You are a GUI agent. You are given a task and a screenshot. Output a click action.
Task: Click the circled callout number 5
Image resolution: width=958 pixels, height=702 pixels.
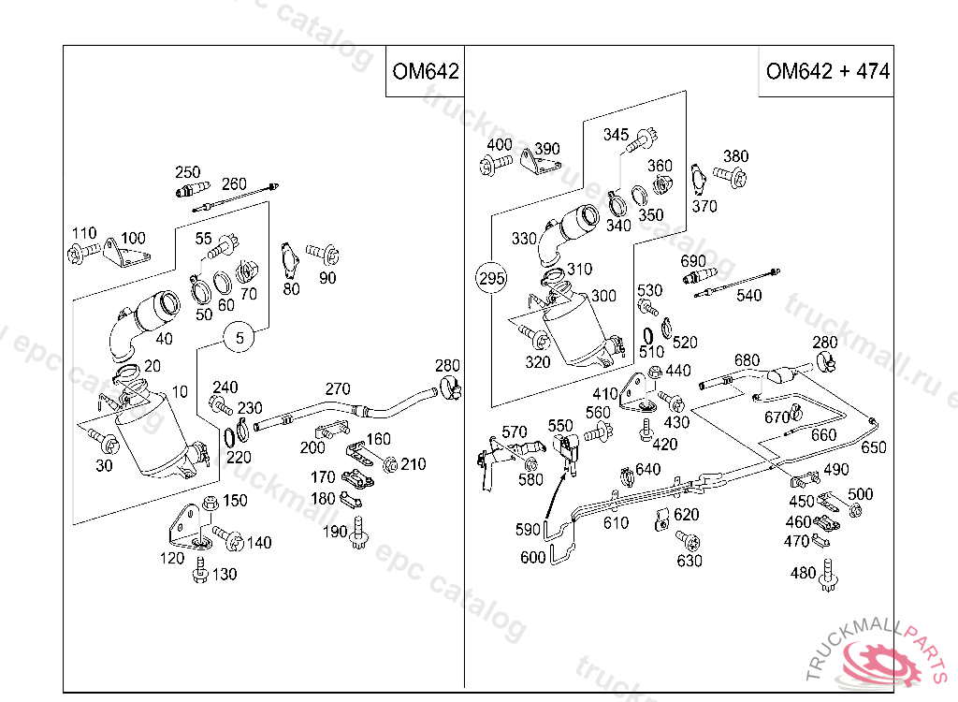239,338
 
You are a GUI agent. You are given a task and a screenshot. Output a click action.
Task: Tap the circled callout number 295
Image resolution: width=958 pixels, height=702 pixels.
491,278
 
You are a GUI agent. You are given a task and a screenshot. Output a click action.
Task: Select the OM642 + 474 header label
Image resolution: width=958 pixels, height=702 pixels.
827,71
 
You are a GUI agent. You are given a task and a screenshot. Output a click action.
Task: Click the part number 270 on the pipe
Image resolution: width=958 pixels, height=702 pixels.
338,388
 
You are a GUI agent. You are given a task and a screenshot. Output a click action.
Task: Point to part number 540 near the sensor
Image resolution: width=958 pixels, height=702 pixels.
748,296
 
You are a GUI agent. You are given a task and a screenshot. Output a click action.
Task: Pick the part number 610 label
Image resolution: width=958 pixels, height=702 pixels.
616,523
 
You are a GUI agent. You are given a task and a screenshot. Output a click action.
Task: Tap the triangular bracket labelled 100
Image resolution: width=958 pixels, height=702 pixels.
123,255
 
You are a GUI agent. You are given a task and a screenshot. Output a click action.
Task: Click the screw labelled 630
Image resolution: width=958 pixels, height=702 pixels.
687,541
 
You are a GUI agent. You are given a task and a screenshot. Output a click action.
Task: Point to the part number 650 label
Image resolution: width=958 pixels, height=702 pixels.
873,447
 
